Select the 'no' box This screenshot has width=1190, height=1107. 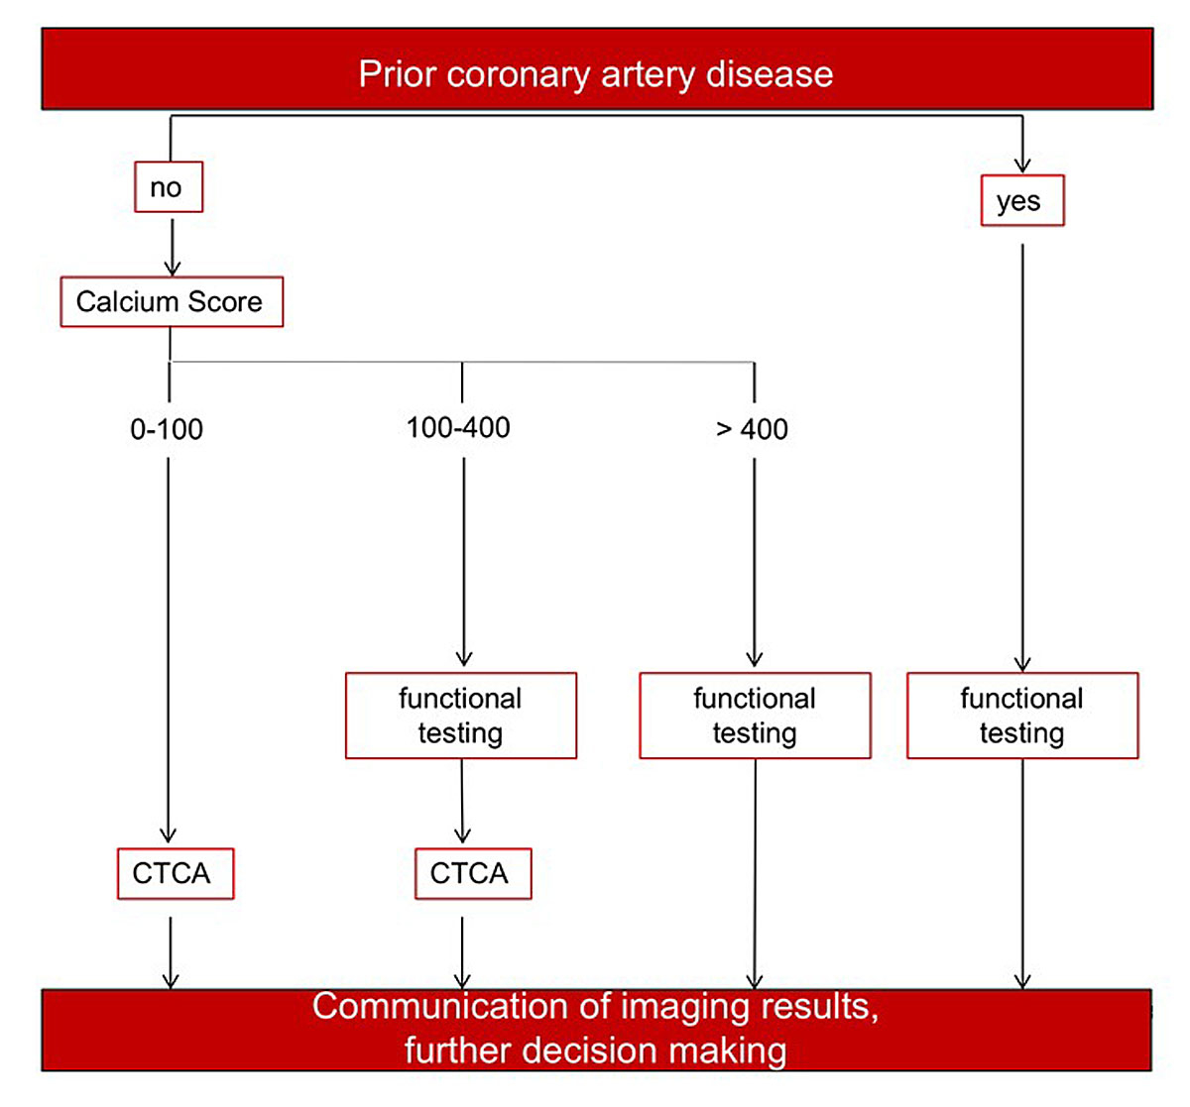tap(168, 187)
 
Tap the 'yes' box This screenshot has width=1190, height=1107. tap(1021, 201)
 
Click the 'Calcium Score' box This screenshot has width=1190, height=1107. tap(171, 301)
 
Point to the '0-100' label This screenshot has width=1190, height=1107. tap(167, 429)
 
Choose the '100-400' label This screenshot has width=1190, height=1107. tap(458, 427)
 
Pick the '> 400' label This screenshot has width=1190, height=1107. tap(752, 429)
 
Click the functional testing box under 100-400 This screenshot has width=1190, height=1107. tap(460, 716)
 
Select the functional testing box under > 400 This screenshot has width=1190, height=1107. tap(755, 716)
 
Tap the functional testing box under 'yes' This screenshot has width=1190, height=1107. tap(1021, 716)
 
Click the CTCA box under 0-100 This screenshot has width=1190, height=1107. tap(175, 873)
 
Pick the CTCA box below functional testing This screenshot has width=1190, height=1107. tap(472, 873)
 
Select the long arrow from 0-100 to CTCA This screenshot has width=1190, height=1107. tap(168, 644)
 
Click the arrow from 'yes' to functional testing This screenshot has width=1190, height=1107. tap(1022, 456)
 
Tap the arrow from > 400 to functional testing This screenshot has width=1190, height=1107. tap(755, 560)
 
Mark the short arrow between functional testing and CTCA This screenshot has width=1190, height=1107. tap(461, 801)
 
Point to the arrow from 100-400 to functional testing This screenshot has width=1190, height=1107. tap(463, 560)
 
